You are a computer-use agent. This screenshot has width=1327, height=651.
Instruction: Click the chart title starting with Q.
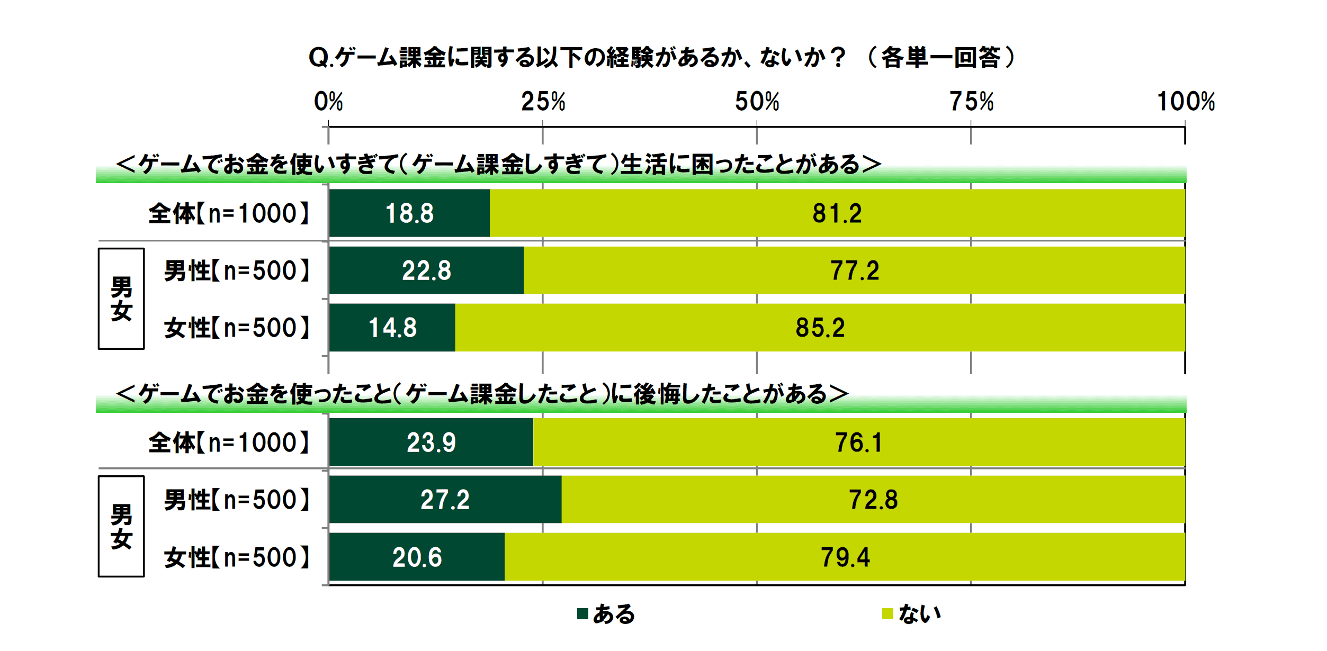click(662, 57)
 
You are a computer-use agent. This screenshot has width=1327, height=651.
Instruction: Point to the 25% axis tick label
click(543, 102)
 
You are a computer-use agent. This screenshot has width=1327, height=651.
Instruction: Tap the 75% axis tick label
click(971, 102)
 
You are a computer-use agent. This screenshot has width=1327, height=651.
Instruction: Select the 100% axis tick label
click(1186, 102)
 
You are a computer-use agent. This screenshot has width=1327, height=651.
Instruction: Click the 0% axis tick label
click(328, 102)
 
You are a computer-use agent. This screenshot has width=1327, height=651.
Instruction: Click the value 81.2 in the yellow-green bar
click(837, 213)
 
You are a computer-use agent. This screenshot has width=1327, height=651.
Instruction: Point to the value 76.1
click(859, 442)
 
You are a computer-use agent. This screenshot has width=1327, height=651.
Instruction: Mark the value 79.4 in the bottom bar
click(845, 557)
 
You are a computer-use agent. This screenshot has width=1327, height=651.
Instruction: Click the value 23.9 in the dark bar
click(431, 442)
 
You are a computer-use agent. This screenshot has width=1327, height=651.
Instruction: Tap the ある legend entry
click(606, 614)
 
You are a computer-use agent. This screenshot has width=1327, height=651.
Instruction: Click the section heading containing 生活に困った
click(498, 164)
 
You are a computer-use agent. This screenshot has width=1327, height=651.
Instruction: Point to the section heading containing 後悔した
click(482, 394)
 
